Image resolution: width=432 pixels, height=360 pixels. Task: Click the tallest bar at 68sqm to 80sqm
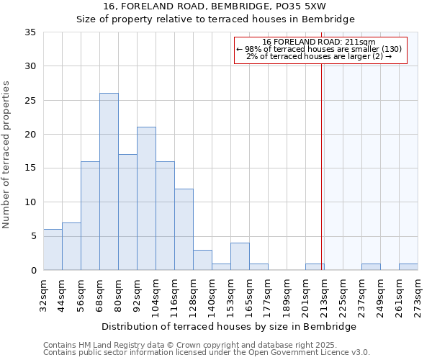pos(109,181)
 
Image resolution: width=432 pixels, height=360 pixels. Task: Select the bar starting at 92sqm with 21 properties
pos(146,199)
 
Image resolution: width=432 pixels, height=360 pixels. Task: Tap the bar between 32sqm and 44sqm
pos(53,250)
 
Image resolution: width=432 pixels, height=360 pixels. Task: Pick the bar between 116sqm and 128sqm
pos(184,229)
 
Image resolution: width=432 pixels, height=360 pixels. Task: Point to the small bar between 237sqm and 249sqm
pos(371,267)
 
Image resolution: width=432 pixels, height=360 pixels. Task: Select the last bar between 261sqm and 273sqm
pos(408,267)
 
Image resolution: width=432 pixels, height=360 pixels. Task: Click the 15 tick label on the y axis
pos(31,168)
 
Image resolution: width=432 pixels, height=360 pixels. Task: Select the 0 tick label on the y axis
pos(34,271)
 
